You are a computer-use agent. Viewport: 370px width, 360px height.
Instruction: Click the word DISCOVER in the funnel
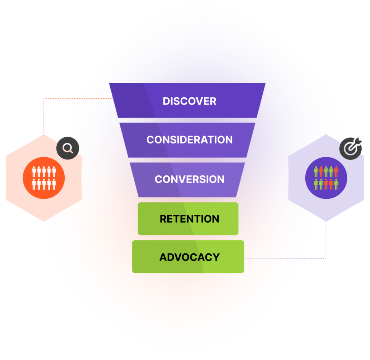pyautogui.click(x=189, y=101)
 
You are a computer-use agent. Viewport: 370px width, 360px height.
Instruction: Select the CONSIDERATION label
pyautogui.click(x=189, y=140)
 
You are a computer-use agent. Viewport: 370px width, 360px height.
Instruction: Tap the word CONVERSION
pyautogui.click(x=189, y=179)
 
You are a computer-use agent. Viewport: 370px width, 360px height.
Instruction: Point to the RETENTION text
pyautogui.click(x=189, y=219)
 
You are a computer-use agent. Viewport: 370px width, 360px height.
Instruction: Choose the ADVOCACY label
pyautogui.click(x=189, y=257)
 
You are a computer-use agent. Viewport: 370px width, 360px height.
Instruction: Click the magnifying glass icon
pyautogui.click(x=68, y=148)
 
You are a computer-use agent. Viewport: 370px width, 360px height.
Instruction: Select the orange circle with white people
pyautogui.click(x=44, y=178)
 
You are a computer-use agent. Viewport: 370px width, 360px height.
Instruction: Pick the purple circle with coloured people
pyautogui.click(x=326, y=178)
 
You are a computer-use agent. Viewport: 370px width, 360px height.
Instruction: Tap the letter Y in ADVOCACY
pyautogui.click(x=216, y=257)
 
